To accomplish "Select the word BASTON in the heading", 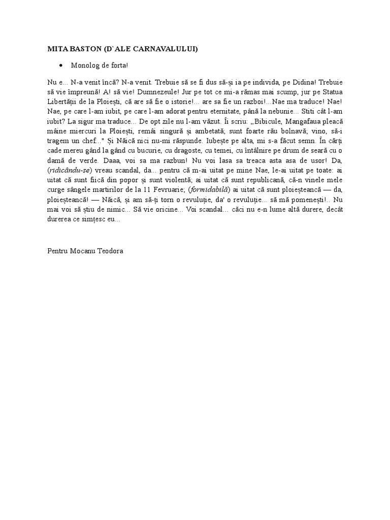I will point(85,49).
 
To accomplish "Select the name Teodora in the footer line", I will point(112,250).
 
